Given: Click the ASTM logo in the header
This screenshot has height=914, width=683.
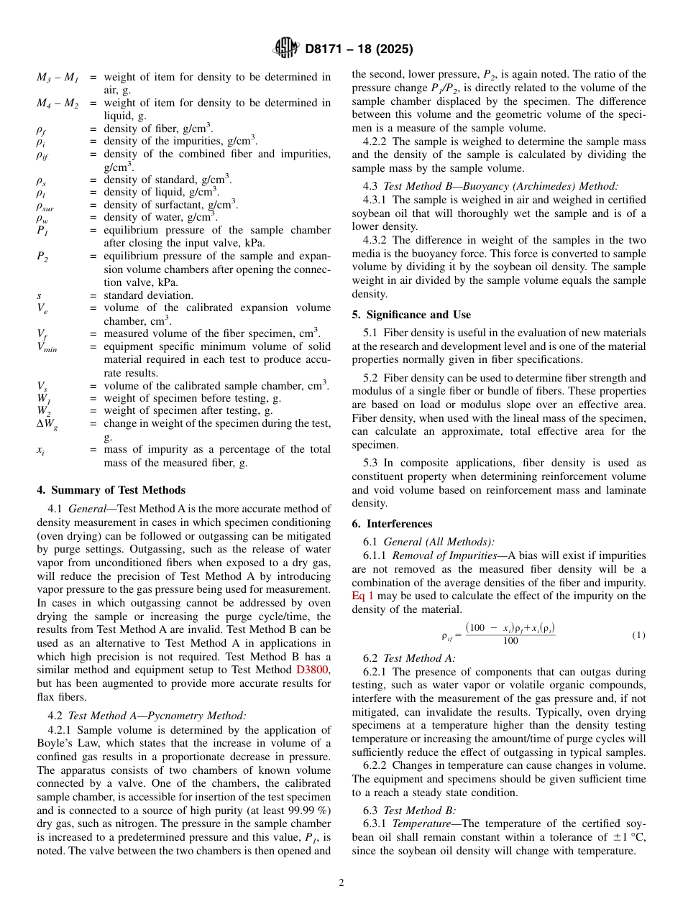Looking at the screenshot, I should [x=285, y=49].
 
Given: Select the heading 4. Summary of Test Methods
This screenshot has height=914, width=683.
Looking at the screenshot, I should [x=111, y=490].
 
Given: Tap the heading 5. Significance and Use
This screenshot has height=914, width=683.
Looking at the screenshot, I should [x=411, y=315].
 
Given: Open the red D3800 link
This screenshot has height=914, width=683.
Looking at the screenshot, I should [x=313, y=670].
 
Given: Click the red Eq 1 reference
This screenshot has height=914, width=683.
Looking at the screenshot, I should [x=362, y=596].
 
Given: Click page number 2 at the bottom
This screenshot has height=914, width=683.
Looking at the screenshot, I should [x=341, y=882].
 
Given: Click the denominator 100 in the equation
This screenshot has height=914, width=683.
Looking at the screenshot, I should [x=510, y=642].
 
